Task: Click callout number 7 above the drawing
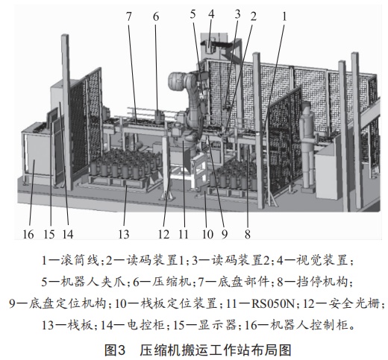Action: pyautogui.click(x=128, y=16)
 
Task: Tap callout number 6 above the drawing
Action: pyautogui.click(x=156, y=16)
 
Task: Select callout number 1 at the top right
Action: pyautogui.click(x=284, y=16)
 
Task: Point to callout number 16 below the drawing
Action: pyautogui.click(x=28, y=234)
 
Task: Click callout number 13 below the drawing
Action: pyautogui.click(x=124, y=234)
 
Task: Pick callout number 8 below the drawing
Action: pyautogui.click(x=247, y=234)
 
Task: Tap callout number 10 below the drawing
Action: pyautogui.click(x=207, y=234)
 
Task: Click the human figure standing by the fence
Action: pyautogui.click(x=308, y=147)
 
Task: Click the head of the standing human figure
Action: pyautogui.click(x=307, y=107)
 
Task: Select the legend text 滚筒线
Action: pyautogui.click(x=80, y=261)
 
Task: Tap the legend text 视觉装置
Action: pyautogui.click(x=322, y=261)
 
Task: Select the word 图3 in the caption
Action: pyautogui.click(x=114, y=350)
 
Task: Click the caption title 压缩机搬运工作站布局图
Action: pyautogui.click(x=216, y=350)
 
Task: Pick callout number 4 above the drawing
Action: pyautogui.click(x=211, y=14)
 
